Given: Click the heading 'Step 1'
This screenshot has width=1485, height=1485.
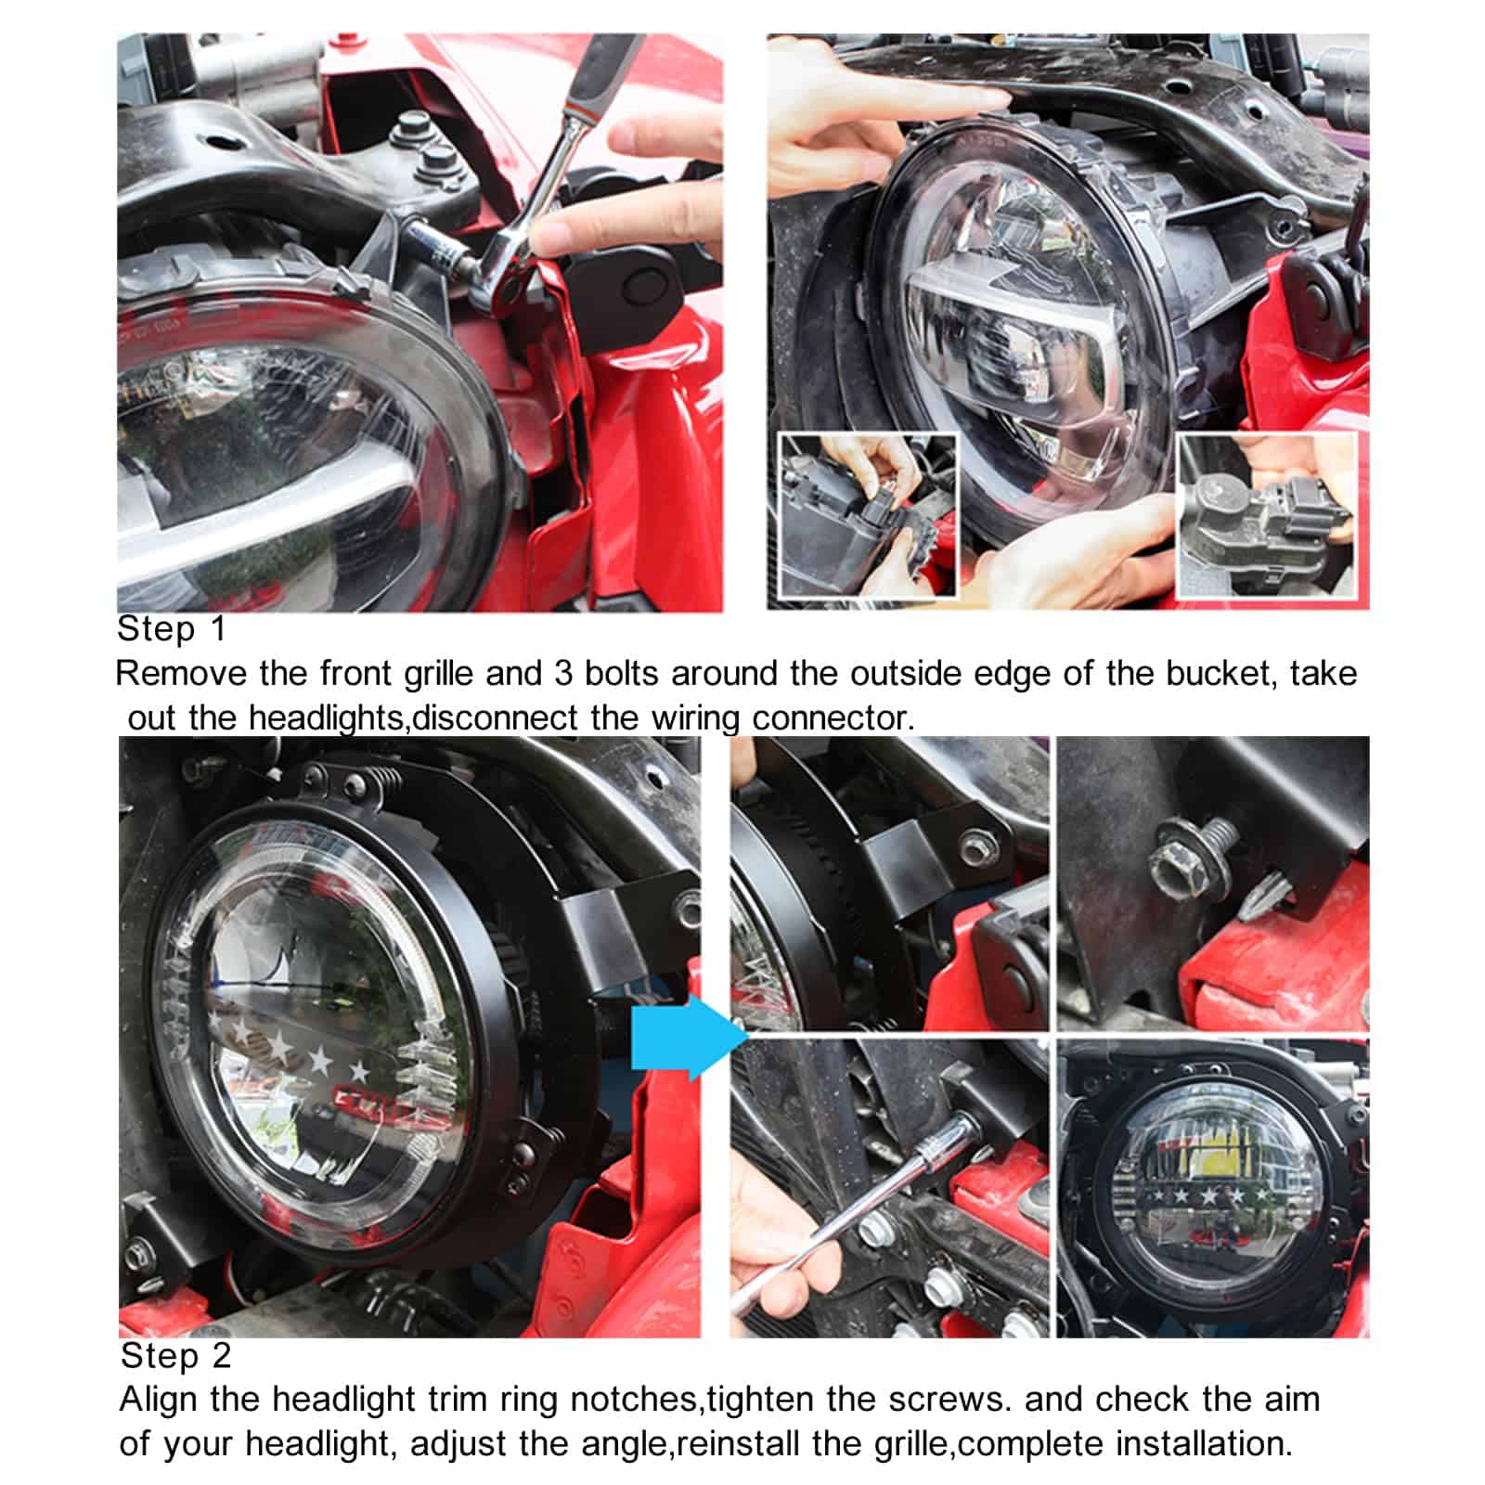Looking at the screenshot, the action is pyautogui.click(x=172, y=629).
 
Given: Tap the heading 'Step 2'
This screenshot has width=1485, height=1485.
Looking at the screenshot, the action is pyautogui.click(x=175, y=1356).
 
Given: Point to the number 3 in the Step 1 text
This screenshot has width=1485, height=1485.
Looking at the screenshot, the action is pyautogui.click(x=563, y=673).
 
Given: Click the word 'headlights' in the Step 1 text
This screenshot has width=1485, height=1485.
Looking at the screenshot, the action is pyautogui.click(x=328, y=718).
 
